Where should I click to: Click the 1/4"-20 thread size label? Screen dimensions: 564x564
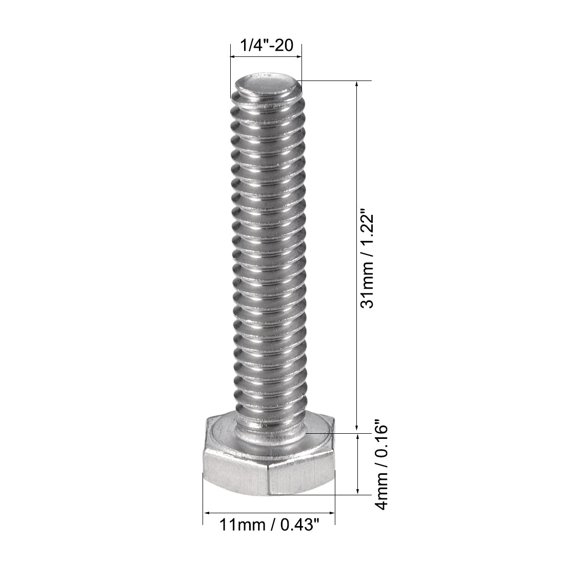(x=265, y=46)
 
